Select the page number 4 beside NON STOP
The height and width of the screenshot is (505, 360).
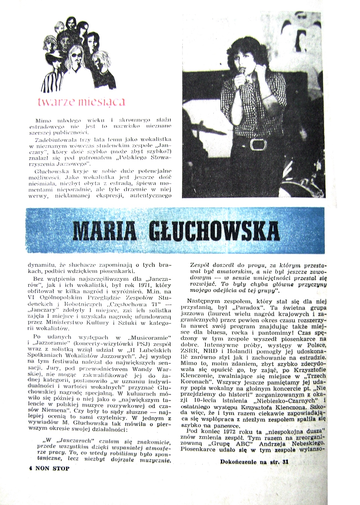[x=30, y=468]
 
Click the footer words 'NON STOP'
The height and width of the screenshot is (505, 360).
[x=53, y=468]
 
